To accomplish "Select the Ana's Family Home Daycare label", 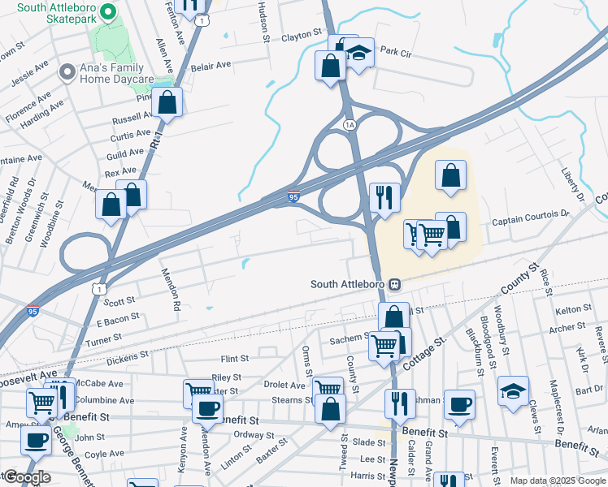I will tap(116, 73).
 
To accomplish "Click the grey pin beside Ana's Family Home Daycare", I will tap(66, 73).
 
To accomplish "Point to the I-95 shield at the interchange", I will tap(294, 196).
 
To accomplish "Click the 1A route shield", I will tap(350, 124).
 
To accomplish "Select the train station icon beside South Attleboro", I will tap(394, 284).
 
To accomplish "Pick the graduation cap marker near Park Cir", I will tap(358, 53).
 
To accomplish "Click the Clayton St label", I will tap(296, 37).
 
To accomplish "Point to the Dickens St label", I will tap(128, 355).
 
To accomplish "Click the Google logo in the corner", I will tap(26, 477).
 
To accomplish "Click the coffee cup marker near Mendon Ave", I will tap(208, 408).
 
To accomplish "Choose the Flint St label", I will tap(234, 358).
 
